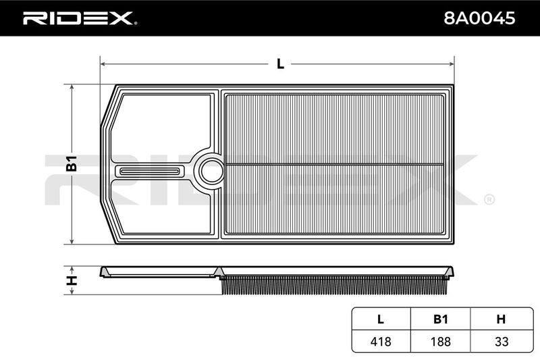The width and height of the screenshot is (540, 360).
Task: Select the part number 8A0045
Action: [479, 18]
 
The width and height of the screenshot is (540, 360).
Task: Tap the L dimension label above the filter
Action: [281, 63]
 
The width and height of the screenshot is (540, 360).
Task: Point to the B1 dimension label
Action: [72, 163]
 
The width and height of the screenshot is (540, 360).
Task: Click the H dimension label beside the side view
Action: [72, 280]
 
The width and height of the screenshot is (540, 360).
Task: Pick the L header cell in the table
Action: [381, 319]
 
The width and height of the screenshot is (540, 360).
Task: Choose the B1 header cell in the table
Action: [441, 319]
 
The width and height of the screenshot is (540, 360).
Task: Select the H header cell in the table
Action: [501, 319]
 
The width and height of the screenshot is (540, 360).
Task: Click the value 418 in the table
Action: [381, 341]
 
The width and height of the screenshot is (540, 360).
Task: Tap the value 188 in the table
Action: [441, 341]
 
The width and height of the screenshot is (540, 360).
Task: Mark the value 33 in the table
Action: [502, 341]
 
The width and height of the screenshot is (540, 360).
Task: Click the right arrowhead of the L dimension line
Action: [452, 63]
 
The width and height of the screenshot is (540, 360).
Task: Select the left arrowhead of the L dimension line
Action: [103, 63]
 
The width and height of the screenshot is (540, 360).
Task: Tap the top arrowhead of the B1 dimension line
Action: [72, 87]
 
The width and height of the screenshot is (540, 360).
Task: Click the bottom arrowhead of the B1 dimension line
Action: [72, 242]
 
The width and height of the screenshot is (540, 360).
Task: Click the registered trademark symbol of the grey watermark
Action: [489, 199]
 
